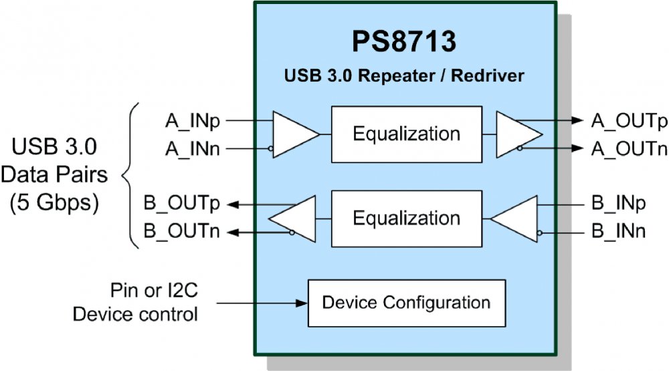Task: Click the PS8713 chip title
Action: tap(405, 43)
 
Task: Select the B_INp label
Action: tap(619, 204)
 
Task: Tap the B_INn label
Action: tap(619, 232)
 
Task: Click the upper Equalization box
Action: tap(407, 134)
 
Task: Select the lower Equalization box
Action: tap(407, 219)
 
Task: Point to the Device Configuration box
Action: tap(406, 303)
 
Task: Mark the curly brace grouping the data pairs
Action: tap(130, 176)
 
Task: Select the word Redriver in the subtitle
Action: tap(488, 76)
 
